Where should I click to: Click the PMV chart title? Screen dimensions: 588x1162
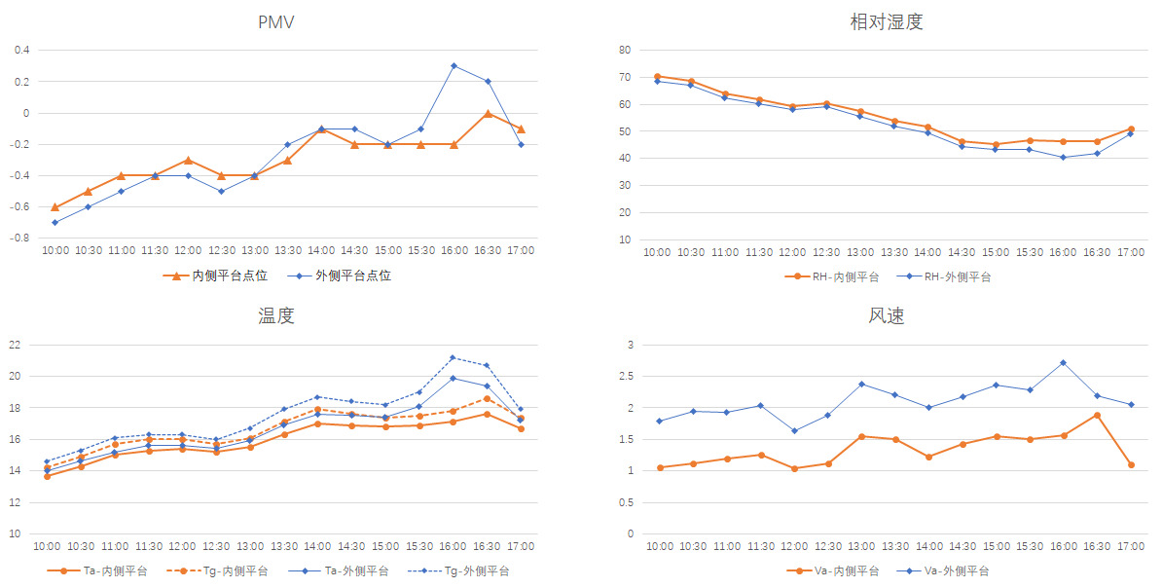276,21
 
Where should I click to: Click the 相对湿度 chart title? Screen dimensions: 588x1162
886,21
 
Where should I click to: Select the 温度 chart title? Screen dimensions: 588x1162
276,315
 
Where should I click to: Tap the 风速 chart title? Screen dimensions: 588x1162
886,315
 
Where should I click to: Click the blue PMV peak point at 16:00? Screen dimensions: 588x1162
454,65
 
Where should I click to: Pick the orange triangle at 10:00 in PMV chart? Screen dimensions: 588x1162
55,206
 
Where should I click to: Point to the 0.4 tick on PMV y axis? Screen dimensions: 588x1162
21,50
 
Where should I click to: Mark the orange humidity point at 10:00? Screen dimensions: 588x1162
658,76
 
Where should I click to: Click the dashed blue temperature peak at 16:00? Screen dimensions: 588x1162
454,357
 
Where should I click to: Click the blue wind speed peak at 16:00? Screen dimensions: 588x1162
1063,362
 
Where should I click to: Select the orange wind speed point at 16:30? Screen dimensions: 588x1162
1097,415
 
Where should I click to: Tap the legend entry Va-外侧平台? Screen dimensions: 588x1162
957,570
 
